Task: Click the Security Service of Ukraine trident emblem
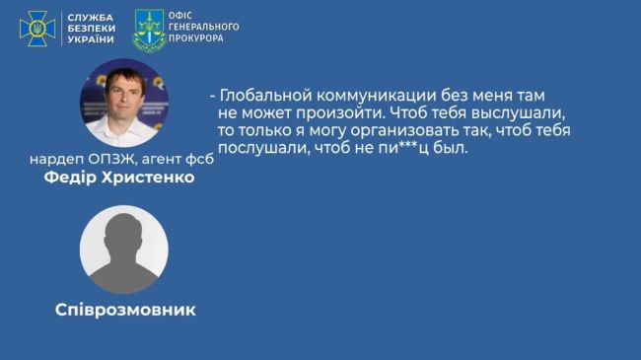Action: click(x=36, y=29)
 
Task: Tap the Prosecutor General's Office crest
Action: click(x=149, y=29)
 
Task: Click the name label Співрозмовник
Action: click(x=124, y=310)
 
